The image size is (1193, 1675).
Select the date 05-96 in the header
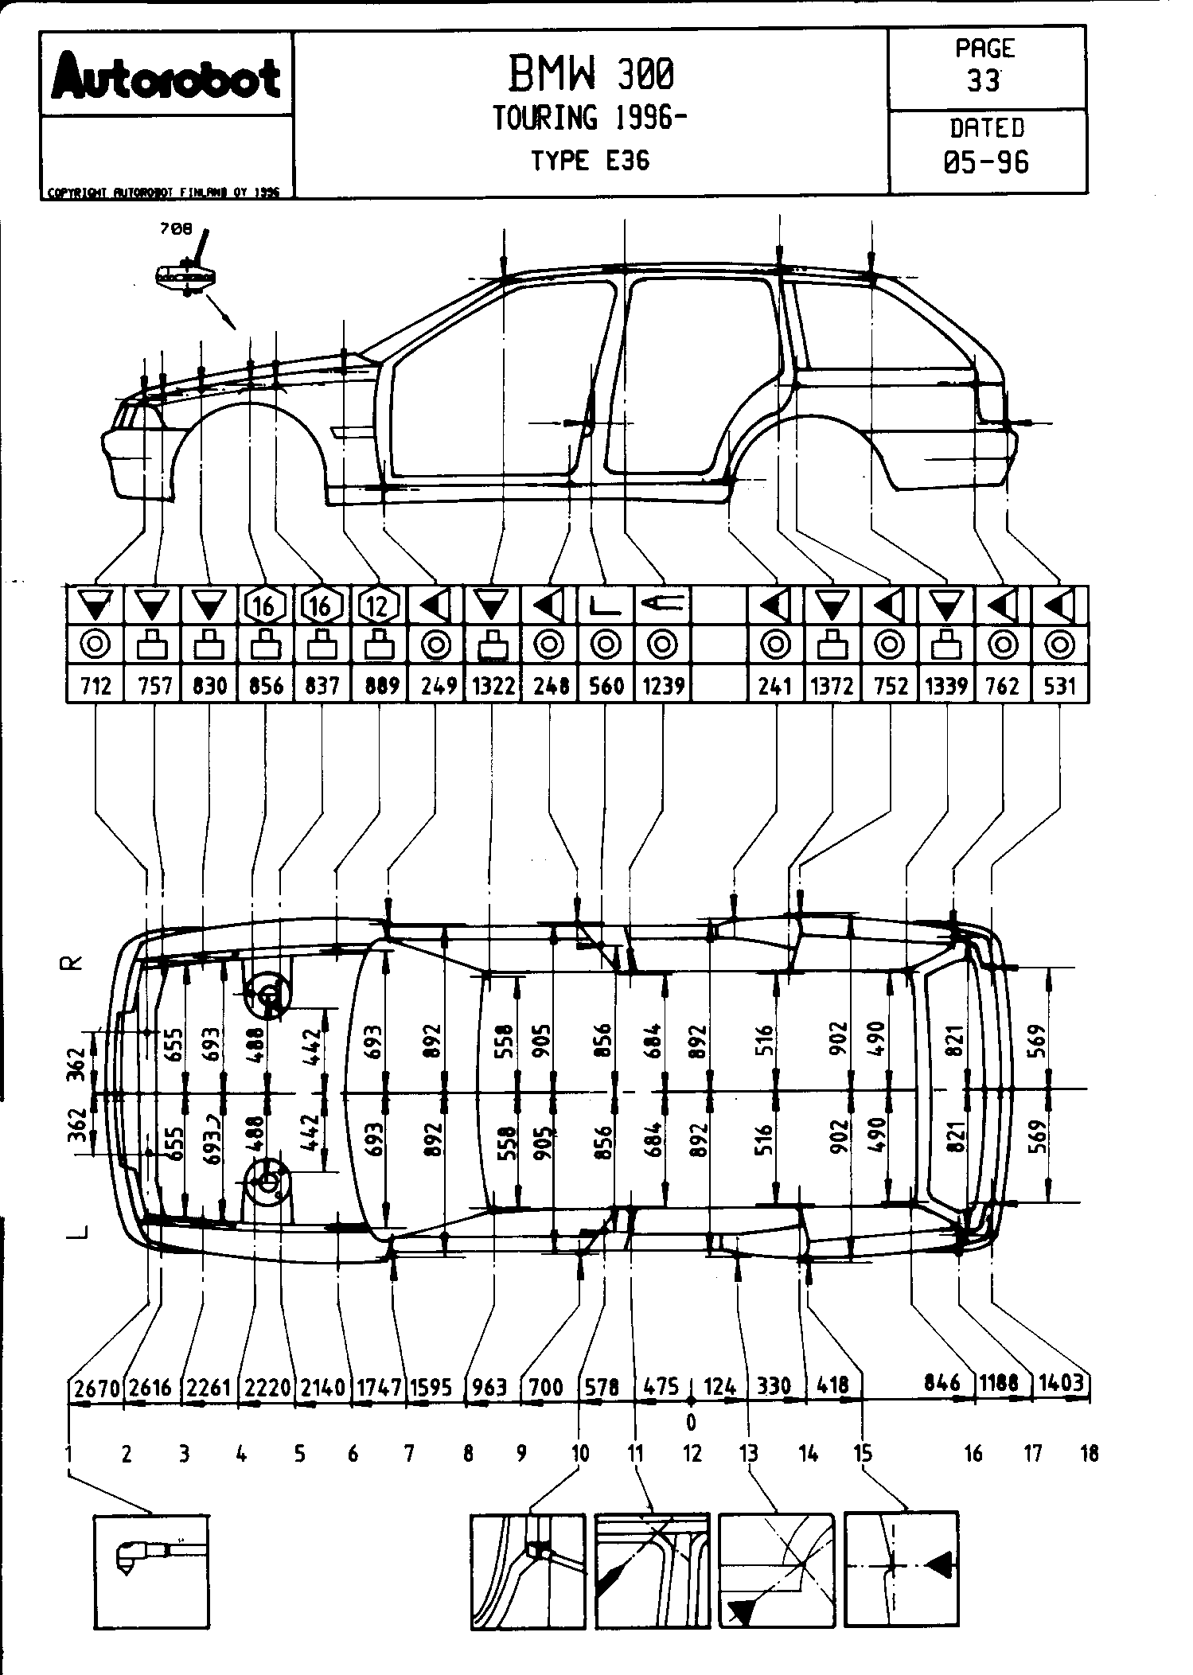pyautogui.click(x=986, y=162)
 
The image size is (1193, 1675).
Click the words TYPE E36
pyautogui.click(x=590, y=161)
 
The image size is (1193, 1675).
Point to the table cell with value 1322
pyautogui.click(x=493, y=685)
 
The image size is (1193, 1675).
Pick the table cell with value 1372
pyautogui.click(x=832, y=685)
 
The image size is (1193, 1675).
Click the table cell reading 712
pyautogui.click(x=96, y=685)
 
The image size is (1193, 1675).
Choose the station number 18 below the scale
pyautogui.click(x=1089, y=1454)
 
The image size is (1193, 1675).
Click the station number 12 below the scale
pyautogui.click(x=692, y=1454)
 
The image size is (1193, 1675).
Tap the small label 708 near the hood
pyautogui.click(x=176, y=229)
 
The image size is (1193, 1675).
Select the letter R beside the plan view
pyautogui.click(x=72, y=963)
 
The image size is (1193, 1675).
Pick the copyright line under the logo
pyautogui.click(x=164, y=192)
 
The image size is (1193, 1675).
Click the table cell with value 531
pyautogui.click(x=1059, y=685)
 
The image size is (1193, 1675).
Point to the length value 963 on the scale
pyautogui.click(x=489, y=1387)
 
